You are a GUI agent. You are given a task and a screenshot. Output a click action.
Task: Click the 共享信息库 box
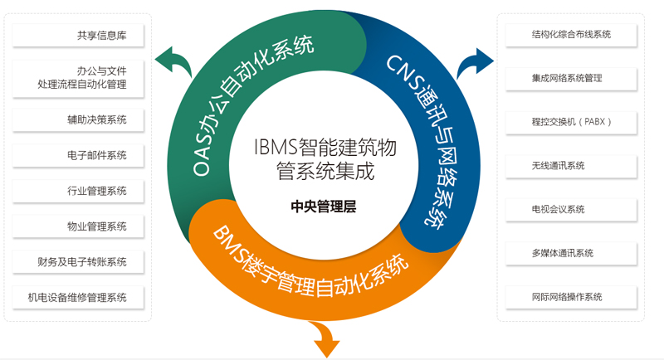[79, 35]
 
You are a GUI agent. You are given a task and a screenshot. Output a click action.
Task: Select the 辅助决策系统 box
[79, 119]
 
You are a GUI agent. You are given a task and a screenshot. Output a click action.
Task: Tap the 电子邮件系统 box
[79, 155]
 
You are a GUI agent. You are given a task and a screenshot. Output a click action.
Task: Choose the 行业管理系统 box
[79, 191]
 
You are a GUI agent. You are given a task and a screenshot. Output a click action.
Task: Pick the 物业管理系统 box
[79, 226]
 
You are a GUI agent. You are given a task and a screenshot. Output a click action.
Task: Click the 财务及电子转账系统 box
[79, 262]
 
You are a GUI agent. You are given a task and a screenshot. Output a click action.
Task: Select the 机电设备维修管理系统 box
[79, 297]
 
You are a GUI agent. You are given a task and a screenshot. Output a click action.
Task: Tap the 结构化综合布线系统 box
[571, 35]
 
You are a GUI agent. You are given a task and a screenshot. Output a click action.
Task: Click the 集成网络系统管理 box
[571, 78]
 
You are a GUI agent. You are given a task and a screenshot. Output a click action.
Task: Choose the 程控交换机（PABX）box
[571, 122]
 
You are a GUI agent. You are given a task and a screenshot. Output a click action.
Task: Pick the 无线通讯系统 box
[571, 166]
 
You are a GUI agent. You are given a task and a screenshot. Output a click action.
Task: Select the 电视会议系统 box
[571, 209]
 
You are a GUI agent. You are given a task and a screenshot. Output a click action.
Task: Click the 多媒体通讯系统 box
[571, 253]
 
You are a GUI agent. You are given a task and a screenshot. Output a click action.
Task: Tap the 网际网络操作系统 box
[571, 297]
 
